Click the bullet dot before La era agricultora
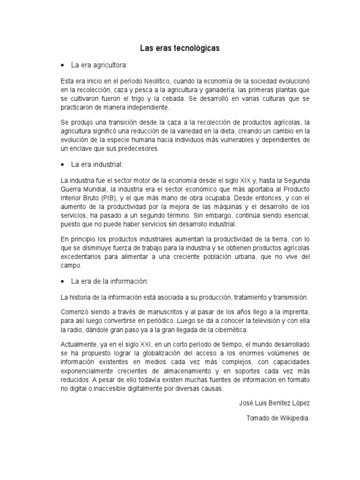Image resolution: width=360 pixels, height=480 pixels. [x=63, y=65]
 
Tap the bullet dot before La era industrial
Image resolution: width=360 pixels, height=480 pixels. [x=63, y=165]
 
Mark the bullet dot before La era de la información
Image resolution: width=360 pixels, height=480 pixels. [x=63, y=282]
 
